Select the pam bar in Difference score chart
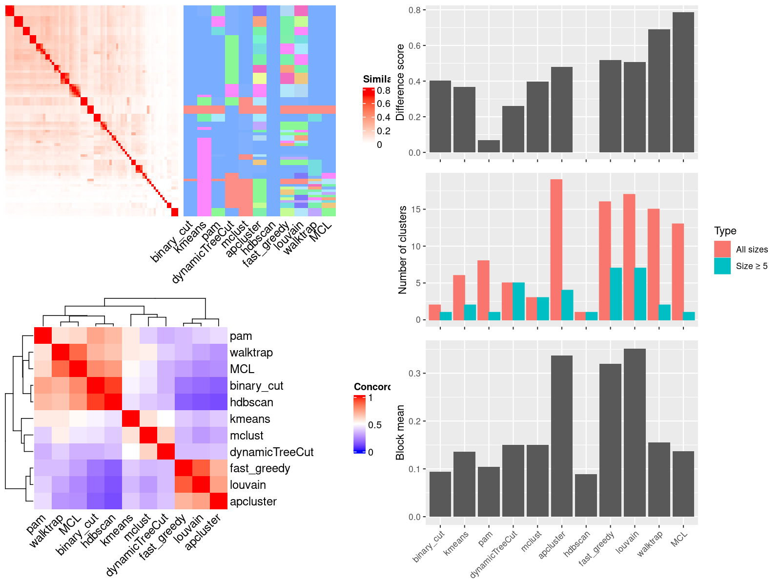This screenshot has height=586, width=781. click(489, 146)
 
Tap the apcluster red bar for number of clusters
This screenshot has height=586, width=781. click(556, 250)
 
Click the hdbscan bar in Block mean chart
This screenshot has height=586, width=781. click(586, 495)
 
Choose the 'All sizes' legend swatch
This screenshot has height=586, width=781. click(722, 249)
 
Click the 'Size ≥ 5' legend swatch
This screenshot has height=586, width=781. click(722, 266)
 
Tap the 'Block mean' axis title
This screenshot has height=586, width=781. click(400, 432)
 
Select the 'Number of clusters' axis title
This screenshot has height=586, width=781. click(403, 250)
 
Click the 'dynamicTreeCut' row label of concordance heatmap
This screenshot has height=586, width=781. click(271, 452)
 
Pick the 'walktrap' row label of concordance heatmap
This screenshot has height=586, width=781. click(251, 353)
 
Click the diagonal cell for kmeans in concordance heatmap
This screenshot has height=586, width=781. click(130, 419)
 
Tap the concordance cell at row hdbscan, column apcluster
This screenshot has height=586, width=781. click(219, 402)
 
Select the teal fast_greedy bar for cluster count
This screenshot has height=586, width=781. click(616, 294)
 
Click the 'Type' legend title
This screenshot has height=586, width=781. click(725, 231)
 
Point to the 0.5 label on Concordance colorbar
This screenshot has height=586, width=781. click(374, 425)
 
